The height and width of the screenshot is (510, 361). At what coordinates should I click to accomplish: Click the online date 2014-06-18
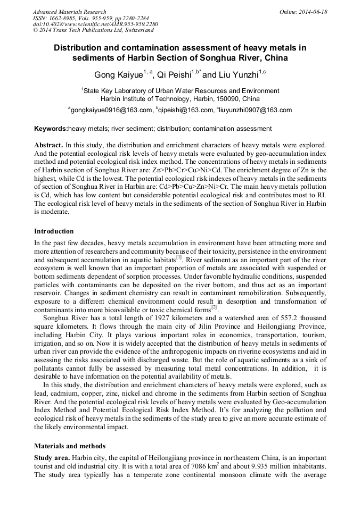point(311,12)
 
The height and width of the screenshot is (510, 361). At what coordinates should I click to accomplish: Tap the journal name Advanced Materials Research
point(69,12)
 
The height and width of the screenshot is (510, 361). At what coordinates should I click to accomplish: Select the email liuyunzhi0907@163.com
point(256,110)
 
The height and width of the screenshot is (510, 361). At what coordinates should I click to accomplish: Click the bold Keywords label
point(51,129)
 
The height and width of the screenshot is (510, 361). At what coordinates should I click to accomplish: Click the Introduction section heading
point(54,231)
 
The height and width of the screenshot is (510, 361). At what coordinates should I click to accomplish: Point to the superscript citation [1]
point(179,257)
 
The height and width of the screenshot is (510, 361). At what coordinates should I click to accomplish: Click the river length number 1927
point(145,317)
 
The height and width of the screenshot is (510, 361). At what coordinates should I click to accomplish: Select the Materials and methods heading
point(70,446)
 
